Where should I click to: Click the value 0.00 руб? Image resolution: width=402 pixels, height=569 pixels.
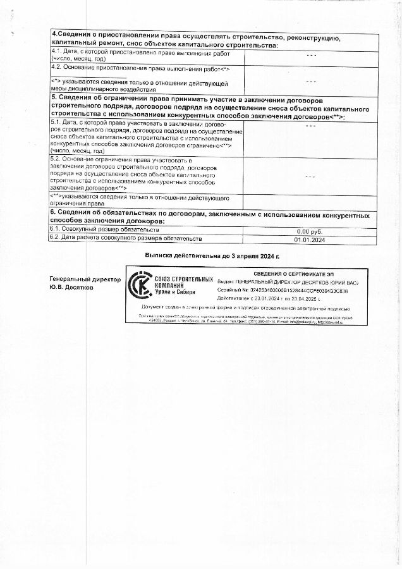click(309, 231)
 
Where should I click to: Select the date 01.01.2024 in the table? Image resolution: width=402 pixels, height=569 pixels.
click(309, 240)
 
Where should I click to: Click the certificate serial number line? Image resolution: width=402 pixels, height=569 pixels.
click(291, 288)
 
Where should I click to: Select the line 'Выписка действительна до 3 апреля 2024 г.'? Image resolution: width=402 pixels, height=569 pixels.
click(212, 255)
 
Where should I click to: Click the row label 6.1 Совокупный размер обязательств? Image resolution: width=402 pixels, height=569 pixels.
click(105, 230)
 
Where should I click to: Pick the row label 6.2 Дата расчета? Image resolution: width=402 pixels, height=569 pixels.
click(126, 239)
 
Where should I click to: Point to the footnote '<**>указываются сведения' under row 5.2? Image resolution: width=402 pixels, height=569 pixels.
click(139, 200)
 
